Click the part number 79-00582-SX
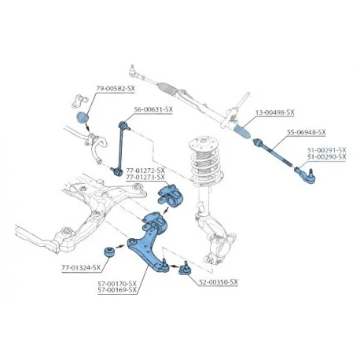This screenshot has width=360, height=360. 116,89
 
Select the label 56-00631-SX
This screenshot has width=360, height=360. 153,109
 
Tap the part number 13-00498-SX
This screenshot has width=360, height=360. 275,112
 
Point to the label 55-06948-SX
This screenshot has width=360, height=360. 307,132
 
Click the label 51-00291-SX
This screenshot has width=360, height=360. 327,150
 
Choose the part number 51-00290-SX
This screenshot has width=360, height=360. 327,156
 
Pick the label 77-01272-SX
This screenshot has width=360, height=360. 145,171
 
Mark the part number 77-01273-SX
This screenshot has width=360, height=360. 145,178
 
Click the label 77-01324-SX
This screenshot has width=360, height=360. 81,268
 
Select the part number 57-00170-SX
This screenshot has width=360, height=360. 117,284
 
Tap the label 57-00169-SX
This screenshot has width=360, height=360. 117,290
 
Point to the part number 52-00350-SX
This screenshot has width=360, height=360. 219,282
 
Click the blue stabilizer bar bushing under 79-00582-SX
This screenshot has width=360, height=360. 83,117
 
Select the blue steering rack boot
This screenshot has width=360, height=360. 243,132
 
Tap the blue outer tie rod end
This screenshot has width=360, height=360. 306,175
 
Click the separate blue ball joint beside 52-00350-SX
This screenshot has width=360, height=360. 185,268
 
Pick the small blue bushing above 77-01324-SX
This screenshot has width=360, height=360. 109,252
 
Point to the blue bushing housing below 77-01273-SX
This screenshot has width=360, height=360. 171,195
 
